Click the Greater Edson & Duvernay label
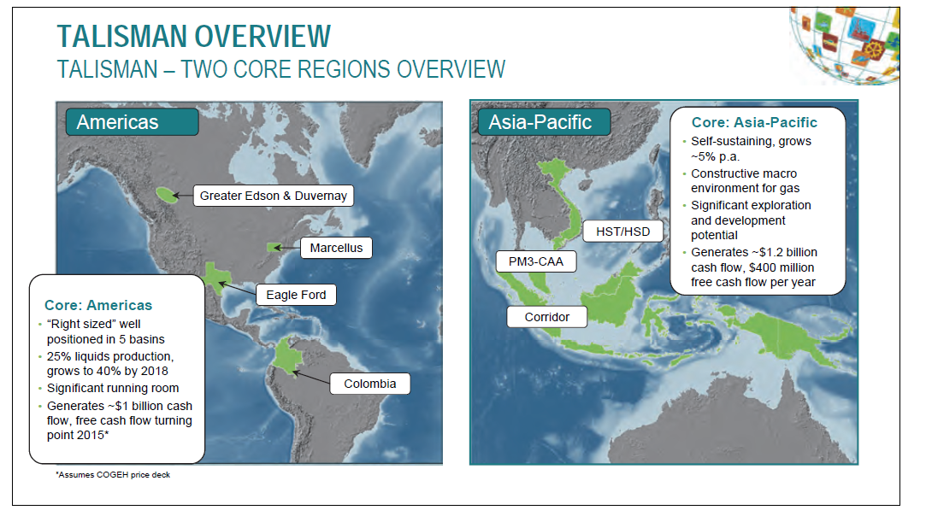274,196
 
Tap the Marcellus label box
336,248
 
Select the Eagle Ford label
296,295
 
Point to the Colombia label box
369,384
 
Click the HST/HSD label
622,232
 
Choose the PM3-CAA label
535,261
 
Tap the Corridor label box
547,317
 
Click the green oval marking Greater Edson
167,195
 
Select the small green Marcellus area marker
274,248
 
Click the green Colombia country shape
288,355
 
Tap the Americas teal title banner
132,122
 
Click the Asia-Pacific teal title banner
544,122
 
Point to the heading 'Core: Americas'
98,305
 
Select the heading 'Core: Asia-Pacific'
754,122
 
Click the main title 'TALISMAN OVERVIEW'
194,36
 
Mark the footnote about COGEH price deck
113,474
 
